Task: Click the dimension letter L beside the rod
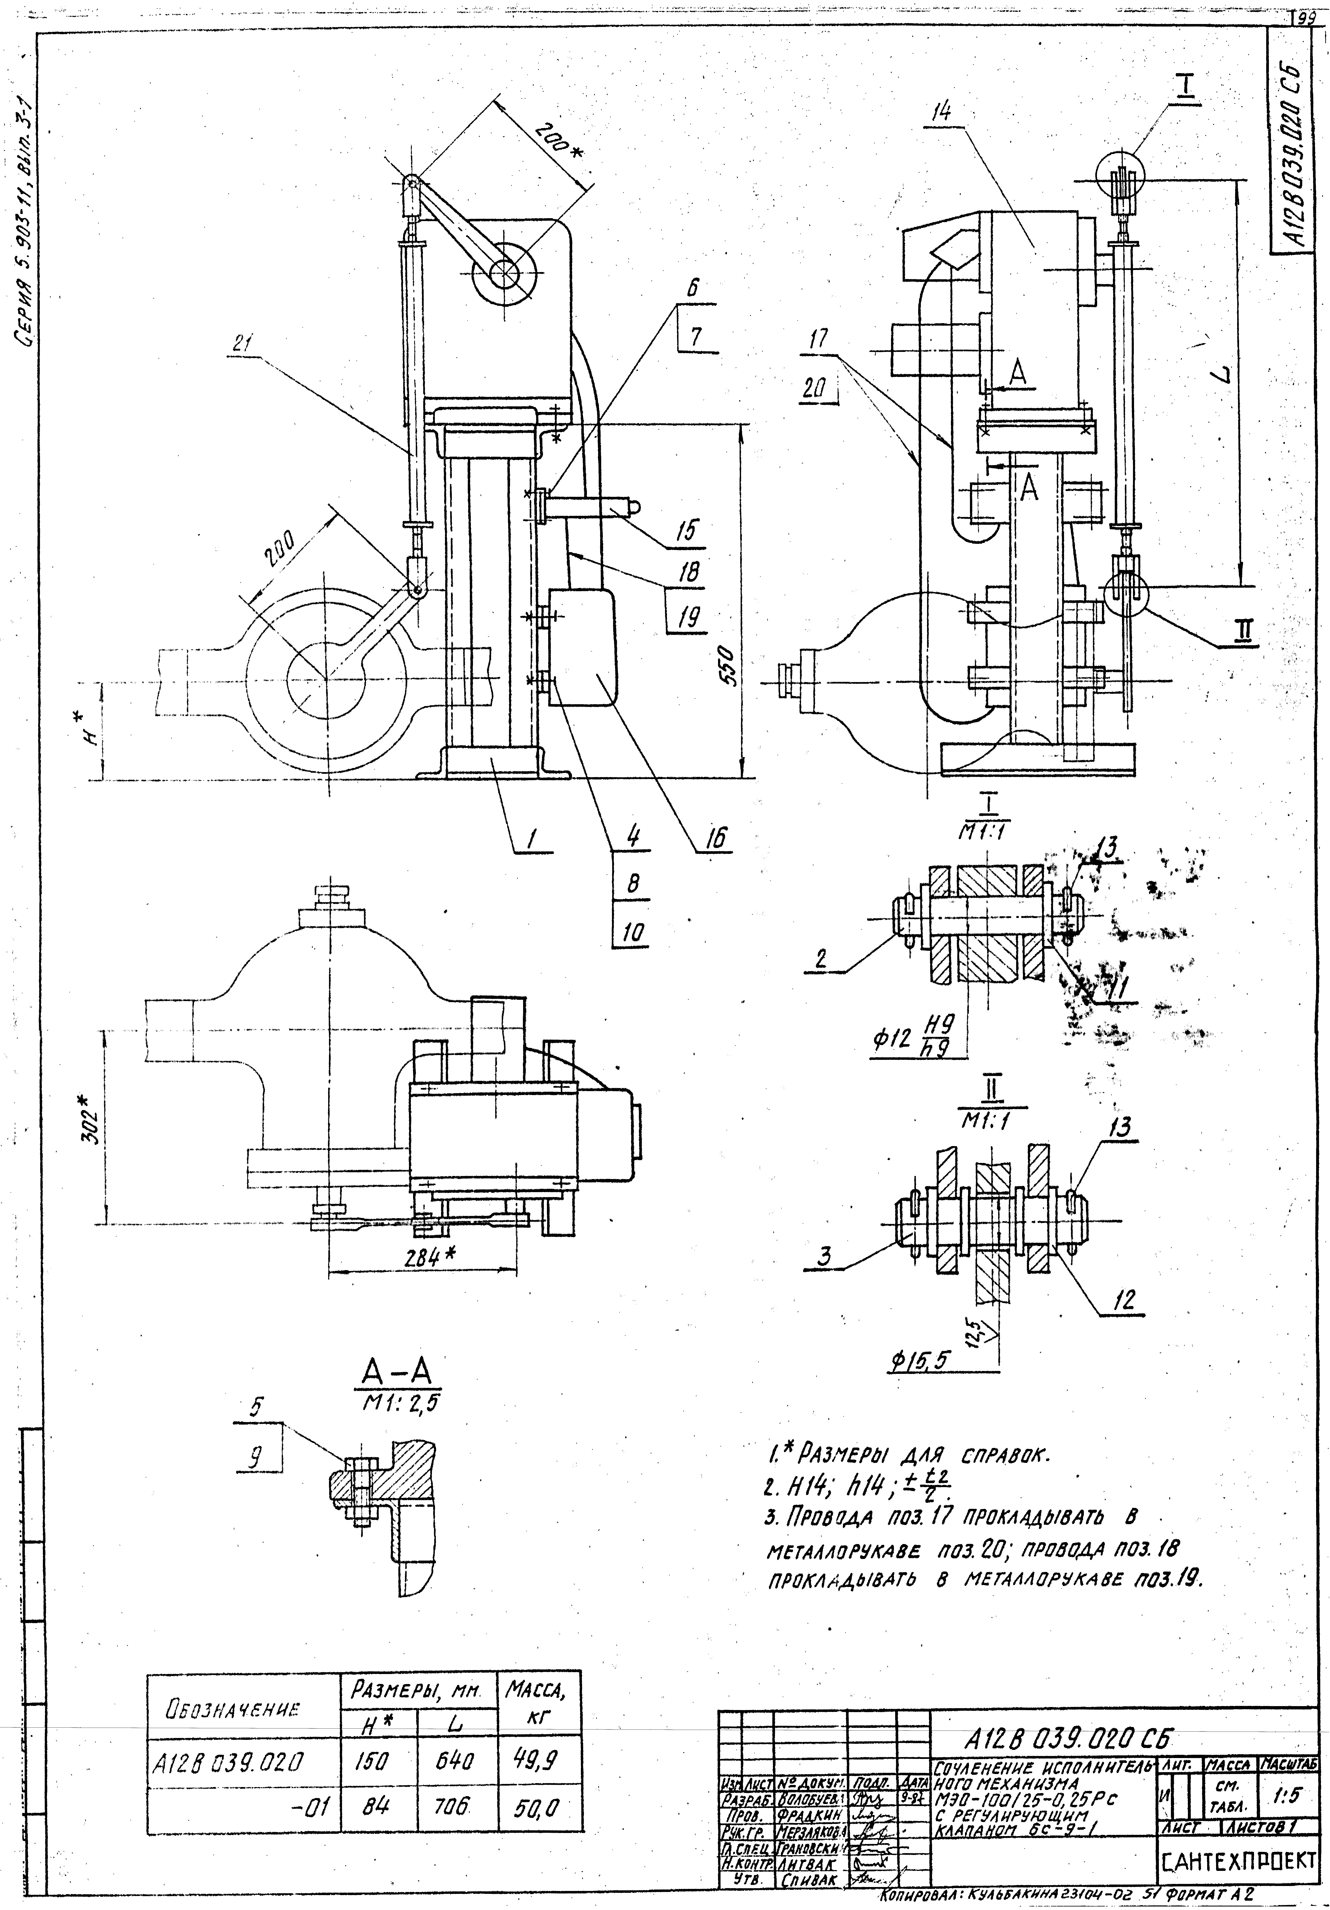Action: coord(1221,378)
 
